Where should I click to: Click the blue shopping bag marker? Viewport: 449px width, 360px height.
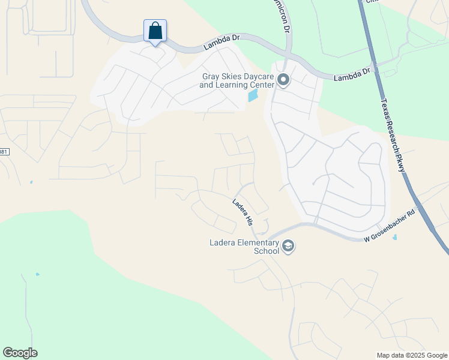point(155,31)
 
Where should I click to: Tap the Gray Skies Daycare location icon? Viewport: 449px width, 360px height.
point(283,80)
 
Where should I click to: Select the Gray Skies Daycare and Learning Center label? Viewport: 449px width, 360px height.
point(237,80)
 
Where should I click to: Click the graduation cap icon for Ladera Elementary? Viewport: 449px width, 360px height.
point(288,246)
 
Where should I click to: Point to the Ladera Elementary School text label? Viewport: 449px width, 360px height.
point(244,247)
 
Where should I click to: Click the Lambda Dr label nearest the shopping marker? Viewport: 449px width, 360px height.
point(221,41)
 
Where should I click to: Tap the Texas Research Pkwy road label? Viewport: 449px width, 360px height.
point(393,136)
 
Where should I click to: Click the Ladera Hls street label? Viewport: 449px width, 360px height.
point(243,212)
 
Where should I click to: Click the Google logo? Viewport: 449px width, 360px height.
point(20,353)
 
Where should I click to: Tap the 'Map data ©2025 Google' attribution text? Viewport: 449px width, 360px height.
point(412,355)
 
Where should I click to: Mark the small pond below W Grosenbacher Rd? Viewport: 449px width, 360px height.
point(394,237)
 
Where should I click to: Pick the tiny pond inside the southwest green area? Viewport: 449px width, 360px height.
point(37,275)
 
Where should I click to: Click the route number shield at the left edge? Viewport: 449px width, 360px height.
point(4,152)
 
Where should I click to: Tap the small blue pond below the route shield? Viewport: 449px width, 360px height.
point(31,182)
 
